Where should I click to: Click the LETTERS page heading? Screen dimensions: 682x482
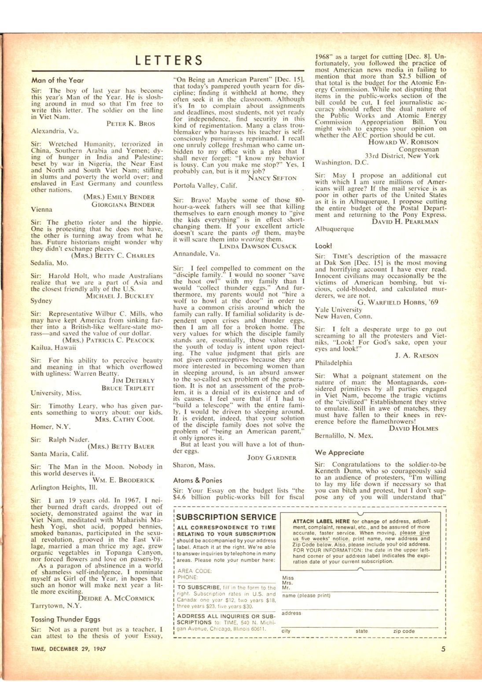169,60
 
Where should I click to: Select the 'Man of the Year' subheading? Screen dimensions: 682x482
57,80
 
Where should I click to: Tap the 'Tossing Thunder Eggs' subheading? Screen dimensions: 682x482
66,619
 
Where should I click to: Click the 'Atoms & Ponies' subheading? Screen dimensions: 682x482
198,480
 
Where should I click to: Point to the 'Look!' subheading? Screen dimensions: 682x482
324,246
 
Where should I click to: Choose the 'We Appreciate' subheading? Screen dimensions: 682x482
339,452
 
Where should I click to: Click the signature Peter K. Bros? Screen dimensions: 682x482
131,124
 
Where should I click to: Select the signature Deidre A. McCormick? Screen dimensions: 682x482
116,598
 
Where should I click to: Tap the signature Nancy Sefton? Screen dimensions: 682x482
272,178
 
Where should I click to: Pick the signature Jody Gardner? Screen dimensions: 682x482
272,458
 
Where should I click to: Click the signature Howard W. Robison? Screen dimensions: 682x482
403,142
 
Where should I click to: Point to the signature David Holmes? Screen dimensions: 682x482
413,428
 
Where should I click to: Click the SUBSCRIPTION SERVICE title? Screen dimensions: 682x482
226,517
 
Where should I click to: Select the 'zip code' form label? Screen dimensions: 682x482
404,631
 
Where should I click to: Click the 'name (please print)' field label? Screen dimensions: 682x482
306,595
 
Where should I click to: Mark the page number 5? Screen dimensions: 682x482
443,649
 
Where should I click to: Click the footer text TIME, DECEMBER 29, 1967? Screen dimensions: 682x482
68,649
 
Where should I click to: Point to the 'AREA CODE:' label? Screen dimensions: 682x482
195,571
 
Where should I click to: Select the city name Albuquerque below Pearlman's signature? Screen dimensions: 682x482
334,229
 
